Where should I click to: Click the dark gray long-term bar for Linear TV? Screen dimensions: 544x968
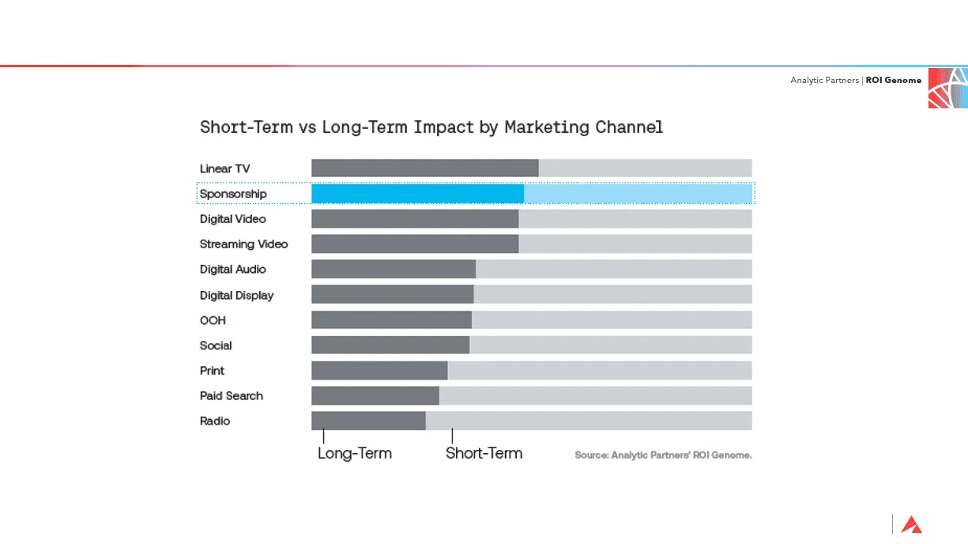click(x=424, y=168)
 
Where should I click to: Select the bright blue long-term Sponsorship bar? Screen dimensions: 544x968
click(x=417, y=194)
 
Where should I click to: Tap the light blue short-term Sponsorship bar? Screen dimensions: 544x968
click(x=637, y=194)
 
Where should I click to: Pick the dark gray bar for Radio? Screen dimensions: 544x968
click(x=368, y=421)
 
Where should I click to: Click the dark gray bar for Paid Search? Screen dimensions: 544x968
click(x=375, y=395)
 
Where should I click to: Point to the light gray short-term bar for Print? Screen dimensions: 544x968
click(x=599, y=370)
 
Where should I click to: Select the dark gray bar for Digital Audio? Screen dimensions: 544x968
click(x=394, y=269)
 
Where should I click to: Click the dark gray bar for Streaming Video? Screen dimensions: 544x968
click(x=415, y=244)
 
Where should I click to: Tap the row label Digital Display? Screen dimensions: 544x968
click(x=236, y=295)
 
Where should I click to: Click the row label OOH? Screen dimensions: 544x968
click(x=213, y=320)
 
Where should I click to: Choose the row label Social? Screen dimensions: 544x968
click(x=216, y=346)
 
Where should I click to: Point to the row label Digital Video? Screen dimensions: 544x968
click(x=232, y=219)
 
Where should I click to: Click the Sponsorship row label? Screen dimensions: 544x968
click(x=233, y=194)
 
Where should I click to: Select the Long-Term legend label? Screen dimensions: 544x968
click(x=355, y=453)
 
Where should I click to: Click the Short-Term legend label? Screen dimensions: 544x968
click(x=484, y=453)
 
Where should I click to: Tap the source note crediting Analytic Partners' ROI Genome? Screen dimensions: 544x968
click(x=663, y=455)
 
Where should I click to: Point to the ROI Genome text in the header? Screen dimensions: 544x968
click(x=893, y=81)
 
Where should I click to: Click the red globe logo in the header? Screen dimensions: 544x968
click(x=947, y=88)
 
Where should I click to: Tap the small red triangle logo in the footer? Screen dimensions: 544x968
click(x=911, y=525)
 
